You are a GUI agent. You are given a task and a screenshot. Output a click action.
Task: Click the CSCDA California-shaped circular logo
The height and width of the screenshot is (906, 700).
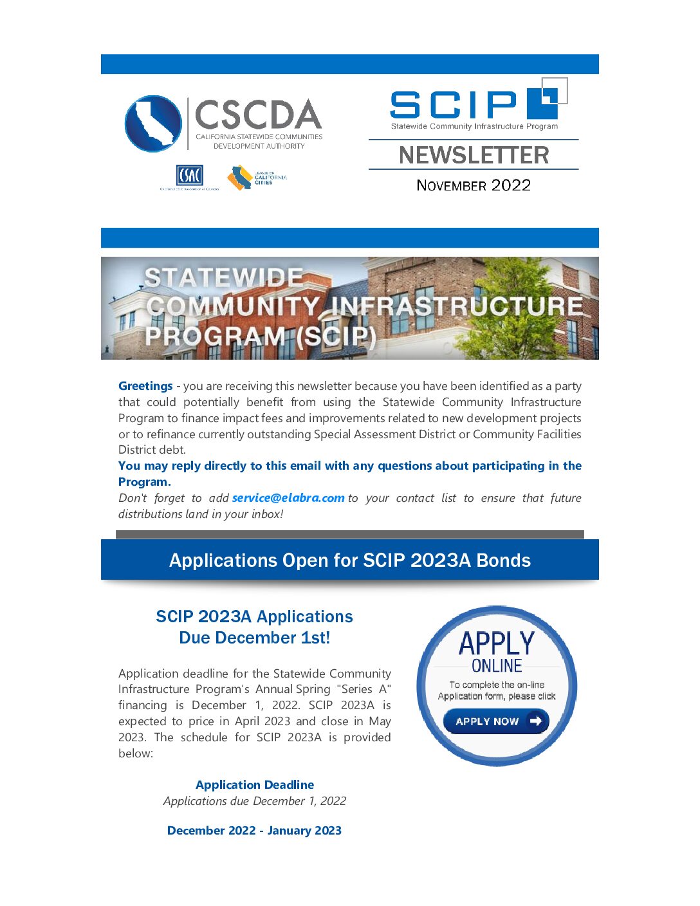click(153, 124)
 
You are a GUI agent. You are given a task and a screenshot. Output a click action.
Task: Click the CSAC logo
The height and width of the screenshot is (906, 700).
click(189, 175)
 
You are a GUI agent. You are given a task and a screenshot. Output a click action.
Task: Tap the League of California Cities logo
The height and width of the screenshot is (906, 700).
click(256, 178)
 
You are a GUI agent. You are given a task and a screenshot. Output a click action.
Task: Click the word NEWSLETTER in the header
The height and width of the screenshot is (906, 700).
click(474, 155)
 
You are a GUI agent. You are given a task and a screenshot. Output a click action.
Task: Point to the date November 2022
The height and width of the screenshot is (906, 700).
click(474, 185)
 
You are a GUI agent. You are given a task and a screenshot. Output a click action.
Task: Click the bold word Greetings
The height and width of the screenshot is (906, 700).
click(145, 386)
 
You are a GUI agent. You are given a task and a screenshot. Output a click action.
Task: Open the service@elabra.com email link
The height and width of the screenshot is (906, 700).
click(288, 498)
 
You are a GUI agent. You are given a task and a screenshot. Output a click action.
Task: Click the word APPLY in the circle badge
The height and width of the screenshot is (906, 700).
click(497, 643)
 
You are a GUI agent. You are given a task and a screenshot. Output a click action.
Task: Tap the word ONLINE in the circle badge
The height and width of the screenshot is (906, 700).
click(497, 665)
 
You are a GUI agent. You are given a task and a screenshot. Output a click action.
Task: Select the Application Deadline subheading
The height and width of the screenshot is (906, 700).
click(255, 785)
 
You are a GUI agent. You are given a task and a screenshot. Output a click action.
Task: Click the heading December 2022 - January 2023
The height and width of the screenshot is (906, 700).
click(254, 831)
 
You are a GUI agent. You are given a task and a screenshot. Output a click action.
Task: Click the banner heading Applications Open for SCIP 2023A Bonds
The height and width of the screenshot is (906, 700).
click(350, 560)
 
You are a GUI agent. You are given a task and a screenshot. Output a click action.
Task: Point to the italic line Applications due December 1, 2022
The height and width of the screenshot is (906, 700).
click(255, 801)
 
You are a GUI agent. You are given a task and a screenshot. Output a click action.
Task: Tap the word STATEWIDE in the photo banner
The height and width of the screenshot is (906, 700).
click(224, 277)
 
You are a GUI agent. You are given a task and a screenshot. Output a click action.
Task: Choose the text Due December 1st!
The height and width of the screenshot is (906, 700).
click(255, 638)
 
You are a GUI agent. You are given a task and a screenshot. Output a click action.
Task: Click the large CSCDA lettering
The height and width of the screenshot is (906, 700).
click(258, 115)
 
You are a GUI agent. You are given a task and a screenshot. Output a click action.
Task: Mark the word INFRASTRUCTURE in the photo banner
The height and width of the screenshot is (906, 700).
click(457, 306)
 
